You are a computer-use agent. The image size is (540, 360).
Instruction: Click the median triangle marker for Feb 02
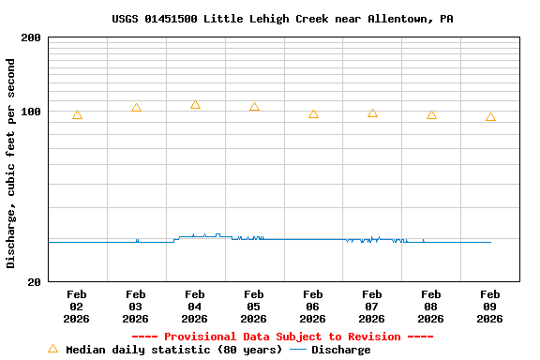pos(77,115)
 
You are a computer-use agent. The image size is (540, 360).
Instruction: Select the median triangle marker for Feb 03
pos(136,108)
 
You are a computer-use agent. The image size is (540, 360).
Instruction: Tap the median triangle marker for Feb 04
pos(195,105)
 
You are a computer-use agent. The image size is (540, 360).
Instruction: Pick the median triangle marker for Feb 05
pos(254,107)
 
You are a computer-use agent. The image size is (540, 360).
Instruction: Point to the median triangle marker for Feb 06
pos(313,114)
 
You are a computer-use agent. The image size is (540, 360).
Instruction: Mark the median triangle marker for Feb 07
pos(372,113)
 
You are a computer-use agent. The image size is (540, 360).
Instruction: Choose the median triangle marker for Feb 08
pos(431,115)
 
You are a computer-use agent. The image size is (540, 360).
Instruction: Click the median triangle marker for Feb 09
pos(490,117)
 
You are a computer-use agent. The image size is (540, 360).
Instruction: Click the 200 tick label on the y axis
pos(31,37)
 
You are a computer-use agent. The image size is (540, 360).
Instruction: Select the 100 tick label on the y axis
pos(31,112)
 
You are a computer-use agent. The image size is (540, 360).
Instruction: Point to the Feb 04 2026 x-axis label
pos(195,307)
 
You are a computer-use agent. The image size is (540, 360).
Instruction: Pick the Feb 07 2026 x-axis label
pos(372,307)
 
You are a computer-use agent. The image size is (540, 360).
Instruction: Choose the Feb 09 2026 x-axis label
pos(490,307)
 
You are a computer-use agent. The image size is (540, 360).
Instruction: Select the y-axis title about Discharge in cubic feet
pos(11,164)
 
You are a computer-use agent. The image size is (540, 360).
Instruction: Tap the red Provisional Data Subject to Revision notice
pos(282,337)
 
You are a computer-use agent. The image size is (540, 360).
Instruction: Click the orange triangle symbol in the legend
pos(52,349)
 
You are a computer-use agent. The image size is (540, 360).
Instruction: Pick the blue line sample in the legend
pos(298,350)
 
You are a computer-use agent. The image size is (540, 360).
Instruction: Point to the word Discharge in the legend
pos(340,350)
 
